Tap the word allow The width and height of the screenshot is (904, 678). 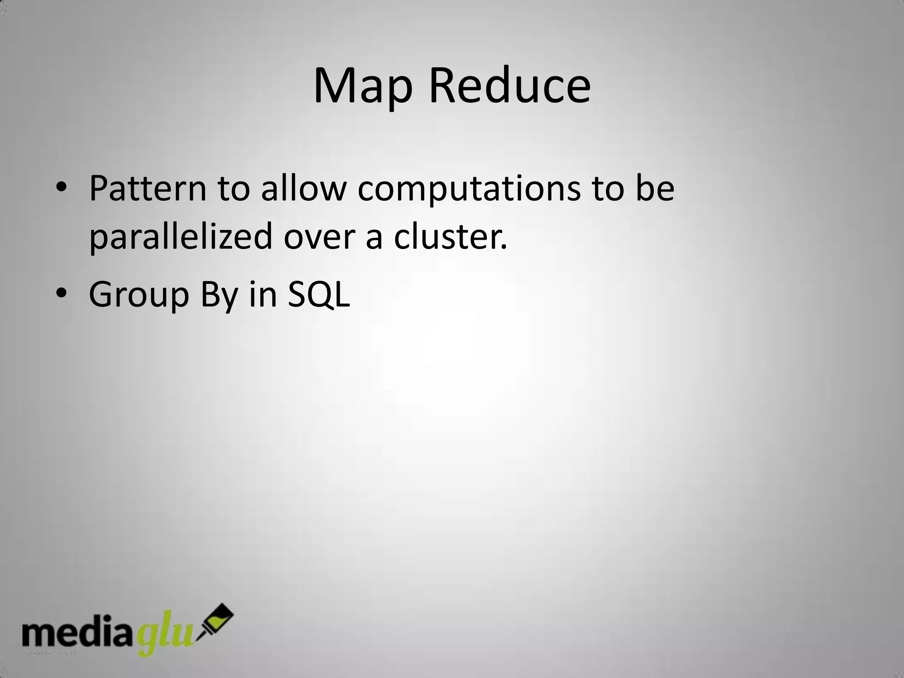(x=303, y=188)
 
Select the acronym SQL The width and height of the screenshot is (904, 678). (x=319, y=294)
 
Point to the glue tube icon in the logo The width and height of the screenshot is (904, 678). (x=216, y=622)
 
